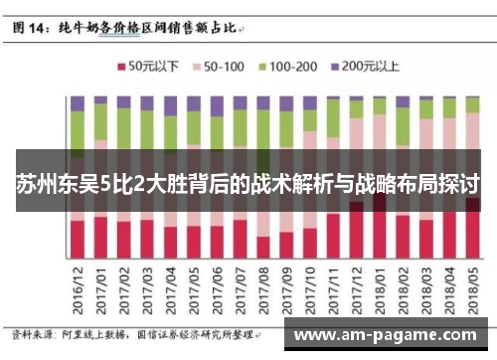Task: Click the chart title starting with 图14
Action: tap(129, 29)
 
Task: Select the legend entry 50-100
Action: tap(220, 67)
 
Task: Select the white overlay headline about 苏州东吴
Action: tap(248, 185)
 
